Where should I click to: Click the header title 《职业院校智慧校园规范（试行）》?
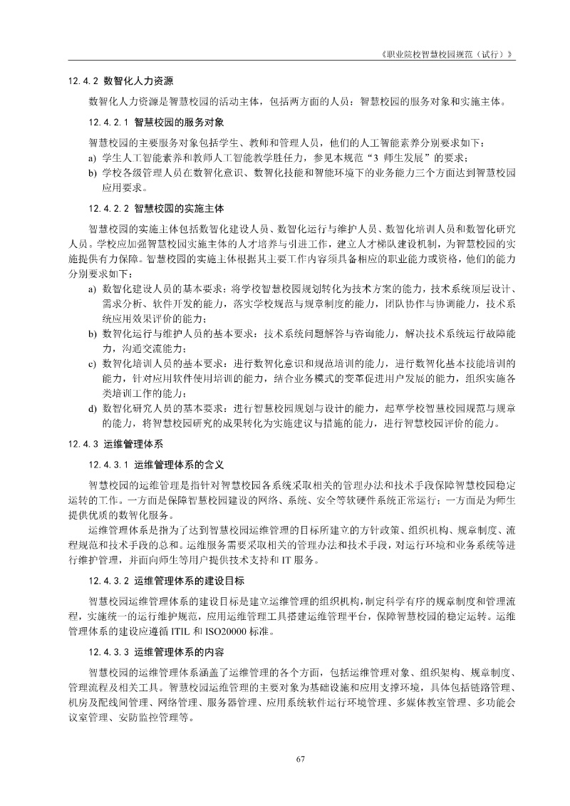coord(447,55)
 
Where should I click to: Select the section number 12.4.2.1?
coord(108,123)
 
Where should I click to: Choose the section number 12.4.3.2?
coord(108,581)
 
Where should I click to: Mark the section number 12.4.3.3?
coord(108,652)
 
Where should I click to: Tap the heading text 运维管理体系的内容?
coord(179,652)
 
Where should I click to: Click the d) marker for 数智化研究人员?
coord(93,409)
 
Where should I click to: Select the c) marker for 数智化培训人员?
coord(93,362)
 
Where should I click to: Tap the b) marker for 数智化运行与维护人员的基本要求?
coord(93,334)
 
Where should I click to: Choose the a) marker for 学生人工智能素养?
coord(93,157)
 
